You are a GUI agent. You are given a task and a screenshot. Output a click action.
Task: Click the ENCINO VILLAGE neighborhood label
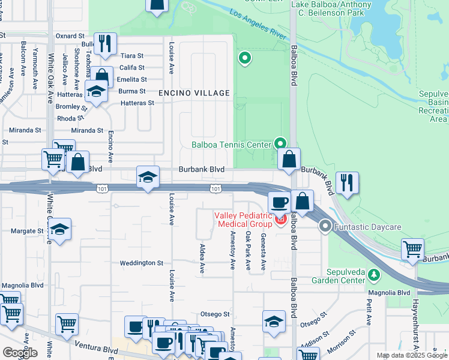(x=194, y=93)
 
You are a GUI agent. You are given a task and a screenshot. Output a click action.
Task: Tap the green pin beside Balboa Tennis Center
(x=280, y=143)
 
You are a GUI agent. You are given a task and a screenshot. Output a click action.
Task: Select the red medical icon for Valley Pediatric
(x=280, y=220)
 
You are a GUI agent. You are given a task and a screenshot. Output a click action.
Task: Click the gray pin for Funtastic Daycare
(x=325, y=227)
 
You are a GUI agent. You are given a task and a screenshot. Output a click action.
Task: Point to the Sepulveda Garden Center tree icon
(x=375, y=274)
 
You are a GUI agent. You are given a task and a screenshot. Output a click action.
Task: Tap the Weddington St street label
(x=142, y=263)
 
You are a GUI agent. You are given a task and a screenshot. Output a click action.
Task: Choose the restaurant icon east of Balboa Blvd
(x=347, y=182)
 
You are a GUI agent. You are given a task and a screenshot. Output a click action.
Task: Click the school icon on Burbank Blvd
(x=148, y=176)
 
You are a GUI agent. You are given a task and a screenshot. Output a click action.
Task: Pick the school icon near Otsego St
(x=274, y=320)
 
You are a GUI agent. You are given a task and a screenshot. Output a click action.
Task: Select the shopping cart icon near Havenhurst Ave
(x=412, y=248)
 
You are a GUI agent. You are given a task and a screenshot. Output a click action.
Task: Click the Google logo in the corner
(x=20, y=353)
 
